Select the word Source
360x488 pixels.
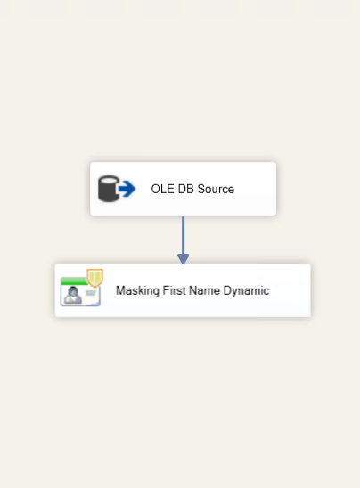tap(216, 189)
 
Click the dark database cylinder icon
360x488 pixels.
tap(109, 189)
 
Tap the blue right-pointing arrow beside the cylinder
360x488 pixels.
tap(127, 189)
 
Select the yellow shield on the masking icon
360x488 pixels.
tap(95, 278)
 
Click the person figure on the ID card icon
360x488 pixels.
tap(73, 295)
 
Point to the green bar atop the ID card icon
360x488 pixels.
tap(74, 281)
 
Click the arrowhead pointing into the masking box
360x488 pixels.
tap(183, 259)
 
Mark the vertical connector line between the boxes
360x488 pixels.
tap(183, 235)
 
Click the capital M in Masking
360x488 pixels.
tap(120, 290)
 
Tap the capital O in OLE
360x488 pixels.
tap(155, 189)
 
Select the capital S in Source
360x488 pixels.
tap(200, 189)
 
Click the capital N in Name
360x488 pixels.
tap(193, 290)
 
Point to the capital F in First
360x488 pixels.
tap(166, 290)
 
